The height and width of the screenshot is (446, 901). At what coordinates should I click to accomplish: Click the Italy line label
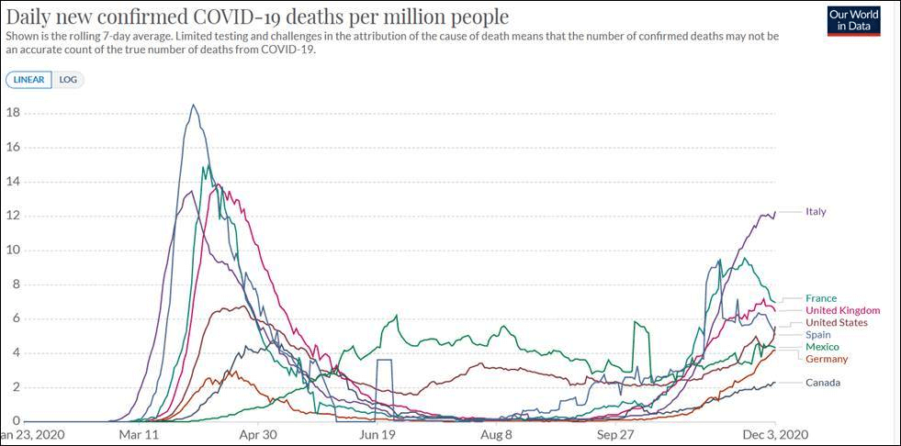pos(816,212)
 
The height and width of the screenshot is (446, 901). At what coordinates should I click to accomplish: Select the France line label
pos(821,298)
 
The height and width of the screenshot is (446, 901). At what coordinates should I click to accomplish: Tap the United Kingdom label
pos(842,311)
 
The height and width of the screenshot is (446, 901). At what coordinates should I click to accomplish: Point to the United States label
pos(836,323)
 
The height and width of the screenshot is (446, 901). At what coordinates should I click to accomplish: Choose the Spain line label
pos(819,335)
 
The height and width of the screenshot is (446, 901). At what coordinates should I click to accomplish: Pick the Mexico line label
pos(822,347)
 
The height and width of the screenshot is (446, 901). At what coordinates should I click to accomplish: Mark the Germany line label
pos(827,359)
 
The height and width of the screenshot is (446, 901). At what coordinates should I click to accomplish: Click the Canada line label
pos(823,383)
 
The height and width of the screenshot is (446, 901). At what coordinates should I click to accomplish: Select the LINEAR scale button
pos(28,80)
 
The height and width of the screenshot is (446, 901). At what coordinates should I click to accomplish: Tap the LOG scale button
pos(68,80)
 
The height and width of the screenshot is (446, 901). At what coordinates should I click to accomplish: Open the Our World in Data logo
pos(853,21)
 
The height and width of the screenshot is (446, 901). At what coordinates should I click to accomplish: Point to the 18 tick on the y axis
pos(13,113)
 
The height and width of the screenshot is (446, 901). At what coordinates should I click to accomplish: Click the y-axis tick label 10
pos(13,251)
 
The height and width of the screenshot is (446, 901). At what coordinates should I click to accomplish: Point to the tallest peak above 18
pos(193,106)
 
